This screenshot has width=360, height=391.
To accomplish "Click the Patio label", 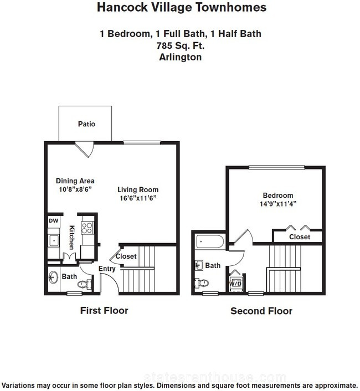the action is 86,124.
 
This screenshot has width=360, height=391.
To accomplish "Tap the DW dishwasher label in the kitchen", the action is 53,220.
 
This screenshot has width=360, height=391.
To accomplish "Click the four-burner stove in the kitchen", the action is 87,228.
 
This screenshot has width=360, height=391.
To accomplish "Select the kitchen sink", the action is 54,241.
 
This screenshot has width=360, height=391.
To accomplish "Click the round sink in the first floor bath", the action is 53,277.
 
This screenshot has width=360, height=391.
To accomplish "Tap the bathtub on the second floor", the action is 210,241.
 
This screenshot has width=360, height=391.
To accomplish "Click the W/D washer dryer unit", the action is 235,283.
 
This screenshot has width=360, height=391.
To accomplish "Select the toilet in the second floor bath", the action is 202,283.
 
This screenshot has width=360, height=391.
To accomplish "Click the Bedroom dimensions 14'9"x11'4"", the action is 278,204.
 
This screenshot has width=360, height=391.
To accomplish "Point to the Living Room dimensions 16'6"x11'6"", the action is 138,198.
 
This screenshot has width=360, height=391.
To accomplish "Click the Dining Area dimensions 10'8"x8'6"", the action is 75,189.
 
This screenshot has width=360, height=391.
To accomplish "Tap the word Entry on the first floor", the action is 107,269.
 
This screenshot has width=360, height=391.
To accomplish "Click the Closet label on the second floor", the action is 300,237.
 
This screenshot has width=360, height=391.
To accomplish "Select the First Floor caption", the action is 104,311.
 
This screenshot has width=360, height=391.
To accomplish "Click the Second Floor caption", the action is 261,311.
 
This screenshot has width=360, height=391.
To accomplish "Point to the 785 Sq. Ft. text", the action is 180,45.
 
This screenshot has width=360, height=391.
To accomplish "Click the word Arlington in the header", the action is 180,58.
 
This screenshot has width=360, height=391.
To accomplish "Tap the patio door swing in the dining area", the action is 85,150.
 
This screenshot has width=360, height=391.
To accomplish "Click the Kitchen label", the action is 71,238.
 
